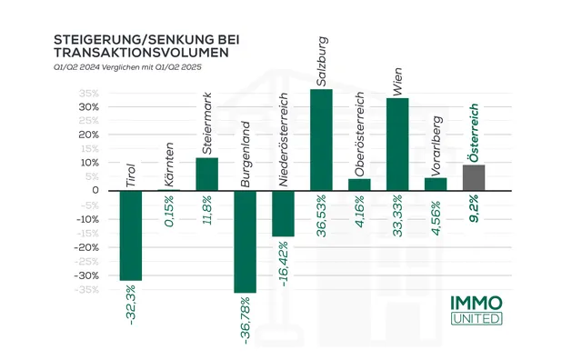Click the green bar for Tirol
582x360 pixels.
pyautogui.click(x=131, y=235)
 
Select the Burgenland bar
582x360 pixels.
pyautogui.click(x=245, y=241)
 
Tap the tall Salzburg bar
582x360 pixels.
pyautogui.click(x=321, y=139)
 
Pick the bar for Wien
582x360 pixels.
pyautogui.click(x=397, y=144)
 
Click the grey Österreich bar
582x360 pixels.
pyautogui.click(x=474, y=177)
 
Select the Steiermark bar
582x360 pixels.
pyautogui.click(x=206, y=174)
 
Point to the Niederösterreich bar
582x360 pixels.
pyautogui.click(x=283, y=213)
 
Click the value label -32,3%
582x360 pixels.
pyautogui.click(x=131, y=304)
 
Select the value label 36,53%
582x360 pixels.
pyautogui.click(x=321, y=215)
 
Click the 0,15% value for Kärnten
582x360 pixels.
pyautogui.click(x=169, y=211)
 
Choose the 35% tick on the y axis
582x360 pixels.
pyautogui.click(x=88, y=93)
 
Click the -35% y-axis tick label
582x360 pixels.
pyautogui.click(x=86, y=290)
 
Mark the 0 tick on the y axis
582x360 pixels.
pyautogui.click(x=95, y=191)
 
